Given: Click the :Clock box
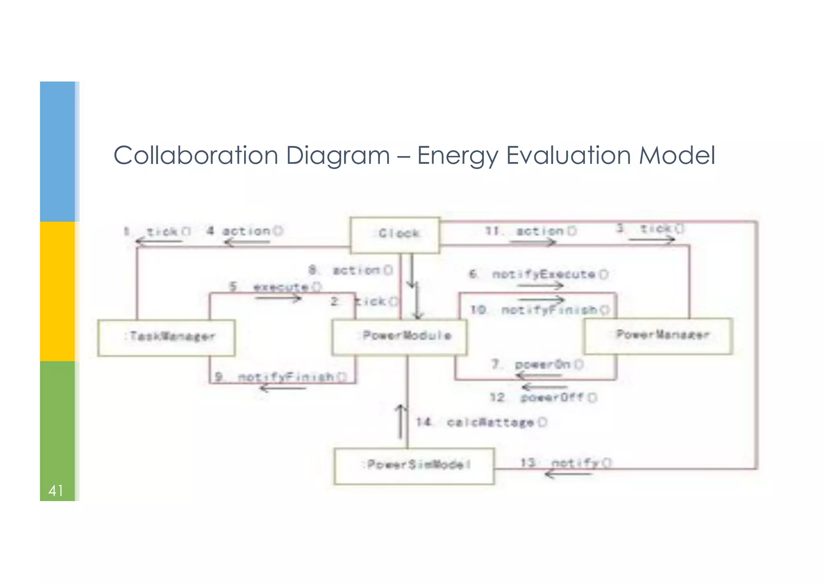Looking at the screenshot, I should tap(395, 235).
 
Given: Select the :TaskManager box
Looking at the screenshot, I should tap(166, 338).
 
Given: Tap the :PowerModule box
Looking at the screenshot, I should tap(399, 337).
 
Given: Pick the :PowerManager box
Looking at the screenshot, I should tap(658, 336).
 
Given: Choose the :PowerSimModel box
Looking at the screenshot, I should tap(414, 466).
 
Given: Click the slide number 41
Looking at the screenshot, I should tap(56, 491).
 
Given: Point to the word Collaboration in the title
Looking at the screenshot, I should tap(196, 156).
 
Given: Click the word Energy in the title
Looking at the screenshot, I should tap(457, 156).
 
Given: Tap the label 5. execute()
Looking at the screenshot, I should tap(276, 287).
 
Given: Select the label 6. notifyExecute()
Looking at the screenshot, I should tap(539, 274).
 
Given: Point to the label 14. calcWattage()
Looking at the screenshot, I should tap(482, 422).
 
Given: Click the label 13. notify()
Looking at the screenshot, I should tap(566, 463).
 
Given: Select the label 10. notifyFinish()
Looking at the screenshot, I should tap(540, 310).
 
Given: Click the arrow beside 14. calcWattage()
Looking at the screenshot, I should tap(400, 421).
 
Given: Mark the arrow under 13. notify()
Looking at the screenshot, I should tap(568, 474).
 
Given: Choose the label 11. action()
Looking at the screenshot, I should tap(531, 231).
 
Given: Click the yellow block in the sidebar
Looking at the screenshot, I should tap(57, 291).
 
